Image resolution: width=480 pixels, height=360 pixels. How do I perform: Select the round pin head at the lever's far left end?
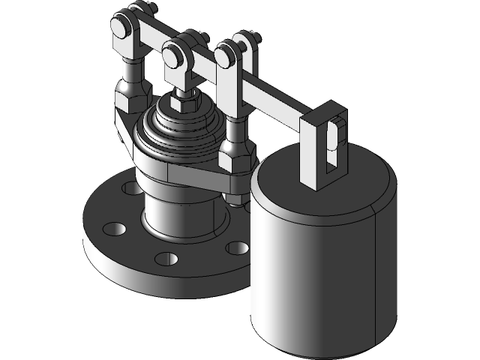[119, 28]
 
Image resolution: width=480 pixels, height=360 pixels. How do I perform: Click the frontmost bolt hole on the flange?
[166, 259]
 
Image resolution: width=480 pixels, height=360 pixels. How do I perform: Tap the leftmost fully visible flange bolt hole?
[113, 227]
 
